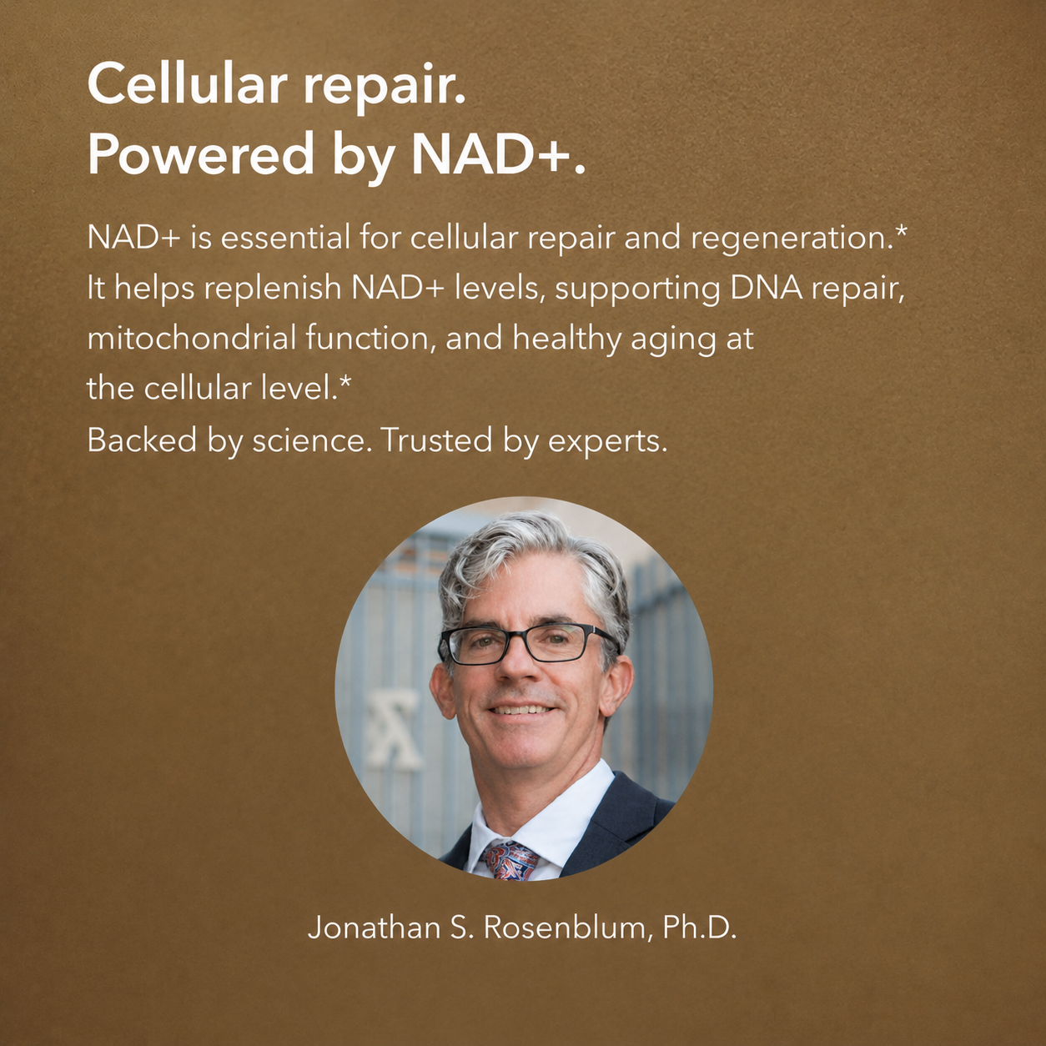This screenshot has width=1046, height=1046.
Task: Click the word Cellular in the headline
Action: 188,85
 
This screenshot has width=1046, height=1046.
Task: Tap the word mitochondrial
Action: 192,339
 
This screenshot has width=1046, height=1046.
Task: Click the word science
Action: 309,440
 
